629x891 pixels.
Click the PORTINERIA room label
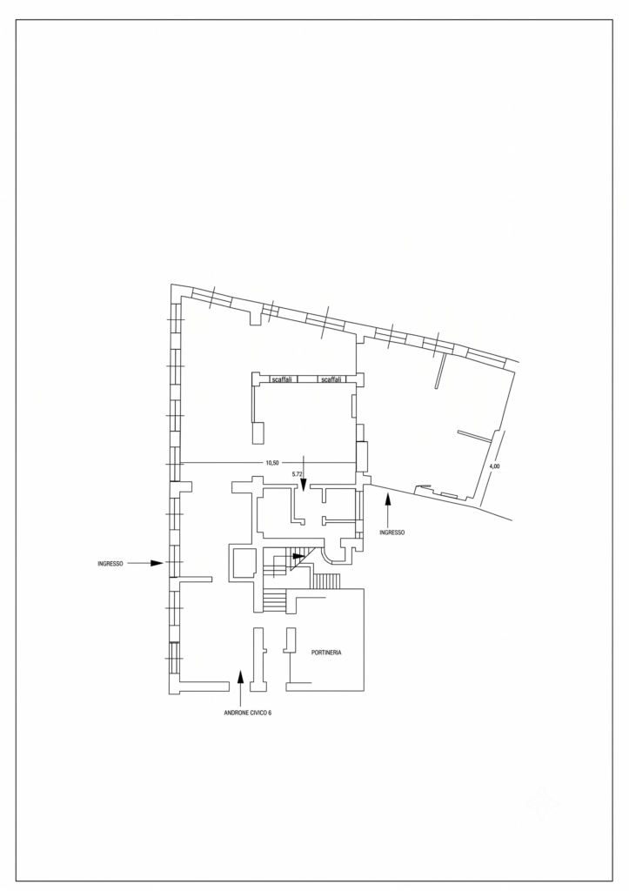pos(326,653)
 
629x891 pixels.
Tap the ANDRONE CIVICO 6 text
pos(248,713)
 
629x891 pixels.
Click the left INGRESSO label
pos(110,564)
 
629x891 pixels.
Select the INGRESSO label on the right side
pos(392,533)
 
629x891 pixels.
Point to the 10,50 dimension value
pos(271,463)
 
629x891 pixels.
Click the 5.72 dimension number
pos(297,473)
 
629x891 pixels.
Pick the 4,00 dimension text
pos(494,466)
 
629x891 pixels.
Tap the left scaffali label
pos(282,379)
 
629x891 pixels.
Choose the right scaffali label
pos(331,379)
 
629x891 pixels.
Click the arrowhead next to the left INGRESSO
pos(157,563)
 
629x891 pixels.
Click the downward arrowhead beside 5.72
pos(304,483)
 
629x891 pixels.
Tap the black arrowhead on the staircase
pos(298,556)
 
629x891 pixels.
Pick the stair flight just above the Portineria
pos(327,581)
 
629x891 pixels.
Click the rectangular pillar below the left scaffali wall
pos(258,433)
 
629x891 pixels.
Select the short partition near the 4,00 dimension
pos(474,436)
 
